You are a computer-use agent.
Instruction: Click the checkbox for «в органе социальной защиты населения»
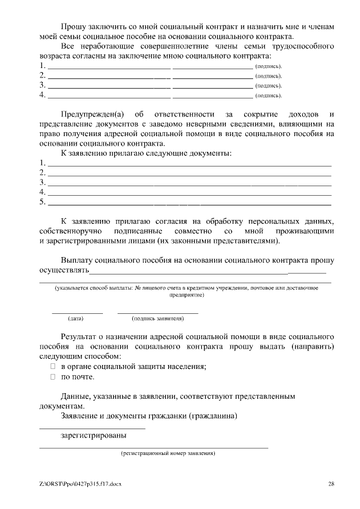coord(53,366)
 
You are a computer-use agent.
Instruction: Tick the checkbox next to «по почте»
coord(53,376)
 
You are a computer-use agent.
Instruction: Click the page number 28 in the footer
coord(331,484)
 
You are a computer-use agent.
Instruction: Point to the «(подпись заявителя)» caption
coord(157,318)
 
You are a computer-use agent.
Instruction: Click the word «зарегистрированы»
coord(93,435)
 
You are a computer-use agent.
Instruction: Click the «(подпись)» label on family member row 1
coord(268,66)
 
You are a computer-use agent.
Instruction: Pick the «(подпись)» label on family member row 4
coord(268,96)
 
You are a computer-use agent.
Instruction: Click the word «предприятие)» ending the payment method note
coord(186,294)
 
